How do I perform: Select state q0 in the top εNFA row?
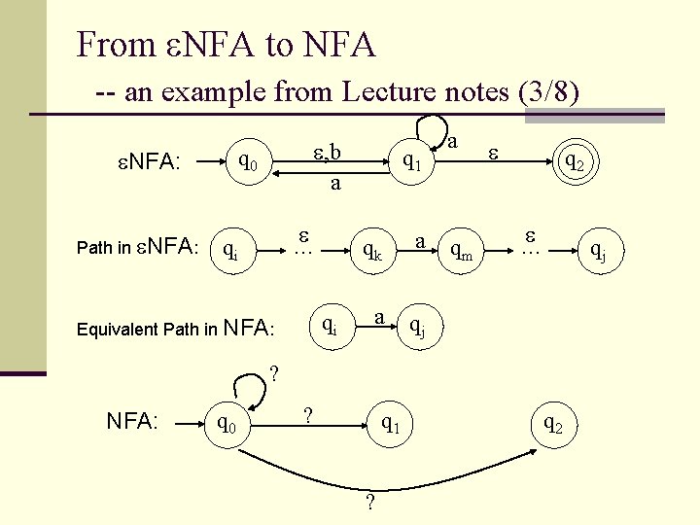tap(249, 159)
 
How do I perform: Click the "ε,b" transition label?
tap(327, 152)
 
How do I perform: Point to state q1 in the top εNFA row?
tap(411, 161)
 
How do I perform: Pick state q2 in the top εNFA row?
tap(568, 161)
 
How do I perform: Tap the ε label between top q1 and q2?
tap(493, 151)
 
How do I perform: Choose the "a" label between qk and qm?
tap(419, 239)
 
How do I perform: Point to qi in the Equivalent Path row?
tap(330, 324)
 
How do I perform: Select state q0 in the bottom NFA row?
tap(230, 424)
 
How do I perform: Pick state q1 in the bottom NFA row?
tap(391, 423)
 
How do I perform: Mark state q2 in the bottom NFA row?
tap(551, 423)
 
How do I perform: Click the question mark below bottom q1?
tap(368, 502)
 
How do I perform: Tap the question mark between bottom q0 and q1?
tap(308, 415)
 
